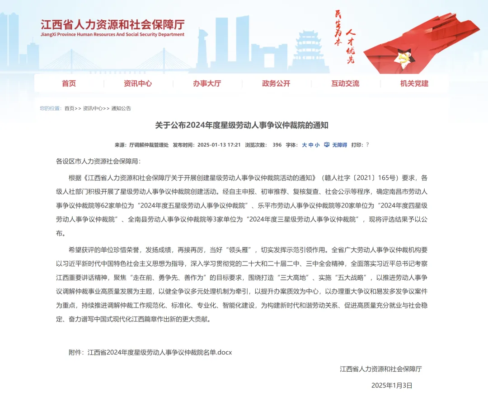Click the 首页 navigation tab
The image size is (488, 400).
tap(69, 83)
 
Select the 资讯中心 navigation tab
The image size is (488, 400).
tap(138, 83)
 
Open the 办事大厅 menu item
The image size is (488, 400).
tap(207, 83)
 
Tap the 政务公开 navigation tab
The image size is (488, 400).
tap(276, 83)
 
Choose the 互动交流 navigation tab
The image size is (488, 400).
tap(345, 83)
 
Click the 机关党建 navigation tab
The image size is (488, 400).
tap(414, 83)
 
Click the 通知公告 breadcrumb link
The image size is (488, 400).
tap(121, 108)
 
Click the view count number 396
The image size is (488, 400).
tap(277, 145)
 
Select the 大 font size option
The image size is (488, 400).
tap(304, 145)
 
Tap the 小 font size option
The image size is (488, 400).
tap(317, 145)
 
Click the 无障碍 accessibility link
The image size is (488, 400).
tap(339, 145)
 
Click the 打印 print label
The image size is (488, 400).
tap(357, 145)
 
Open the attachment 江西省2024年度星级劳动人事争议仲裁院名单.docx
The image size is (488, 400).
tap(160, 352)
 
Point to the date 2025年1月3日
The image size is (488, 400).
tap(392, 386)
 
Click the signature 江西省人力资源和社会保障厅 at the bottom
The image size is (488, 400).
tap(381, 369)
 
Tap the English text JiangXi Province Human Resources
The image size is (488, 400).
tap(113, 34)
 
